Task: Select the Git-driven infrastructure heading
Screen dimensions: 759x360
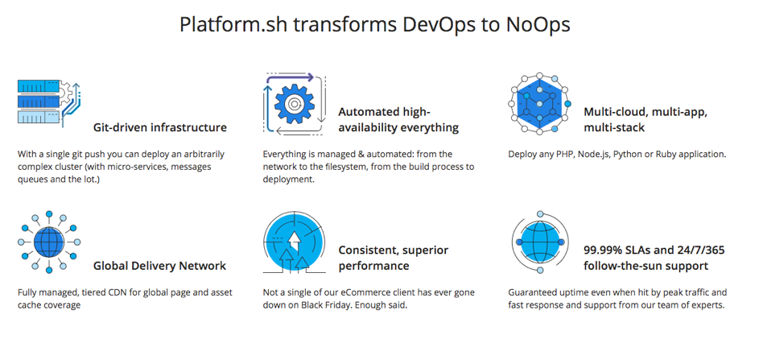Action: point(159,128)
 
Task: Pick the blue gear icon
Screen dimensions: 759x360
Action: point(295,103)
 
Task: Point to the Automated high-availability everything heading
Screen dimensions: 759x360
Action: point(398,120)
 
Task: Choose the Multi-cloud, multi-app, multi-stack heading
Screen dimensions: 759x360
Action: point(646,120)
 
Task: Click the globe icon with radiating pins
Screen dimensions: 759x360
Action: point(48,242)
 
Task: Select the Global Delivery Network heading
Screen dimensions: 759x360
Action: point(159,266)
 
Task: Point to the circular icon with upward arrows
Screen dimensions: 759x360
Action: point(295,242)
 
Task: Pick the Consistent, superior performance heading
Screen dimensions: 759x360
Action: point(393,258)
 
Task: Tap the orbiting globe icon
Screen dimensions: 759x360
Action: point(540,242)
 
